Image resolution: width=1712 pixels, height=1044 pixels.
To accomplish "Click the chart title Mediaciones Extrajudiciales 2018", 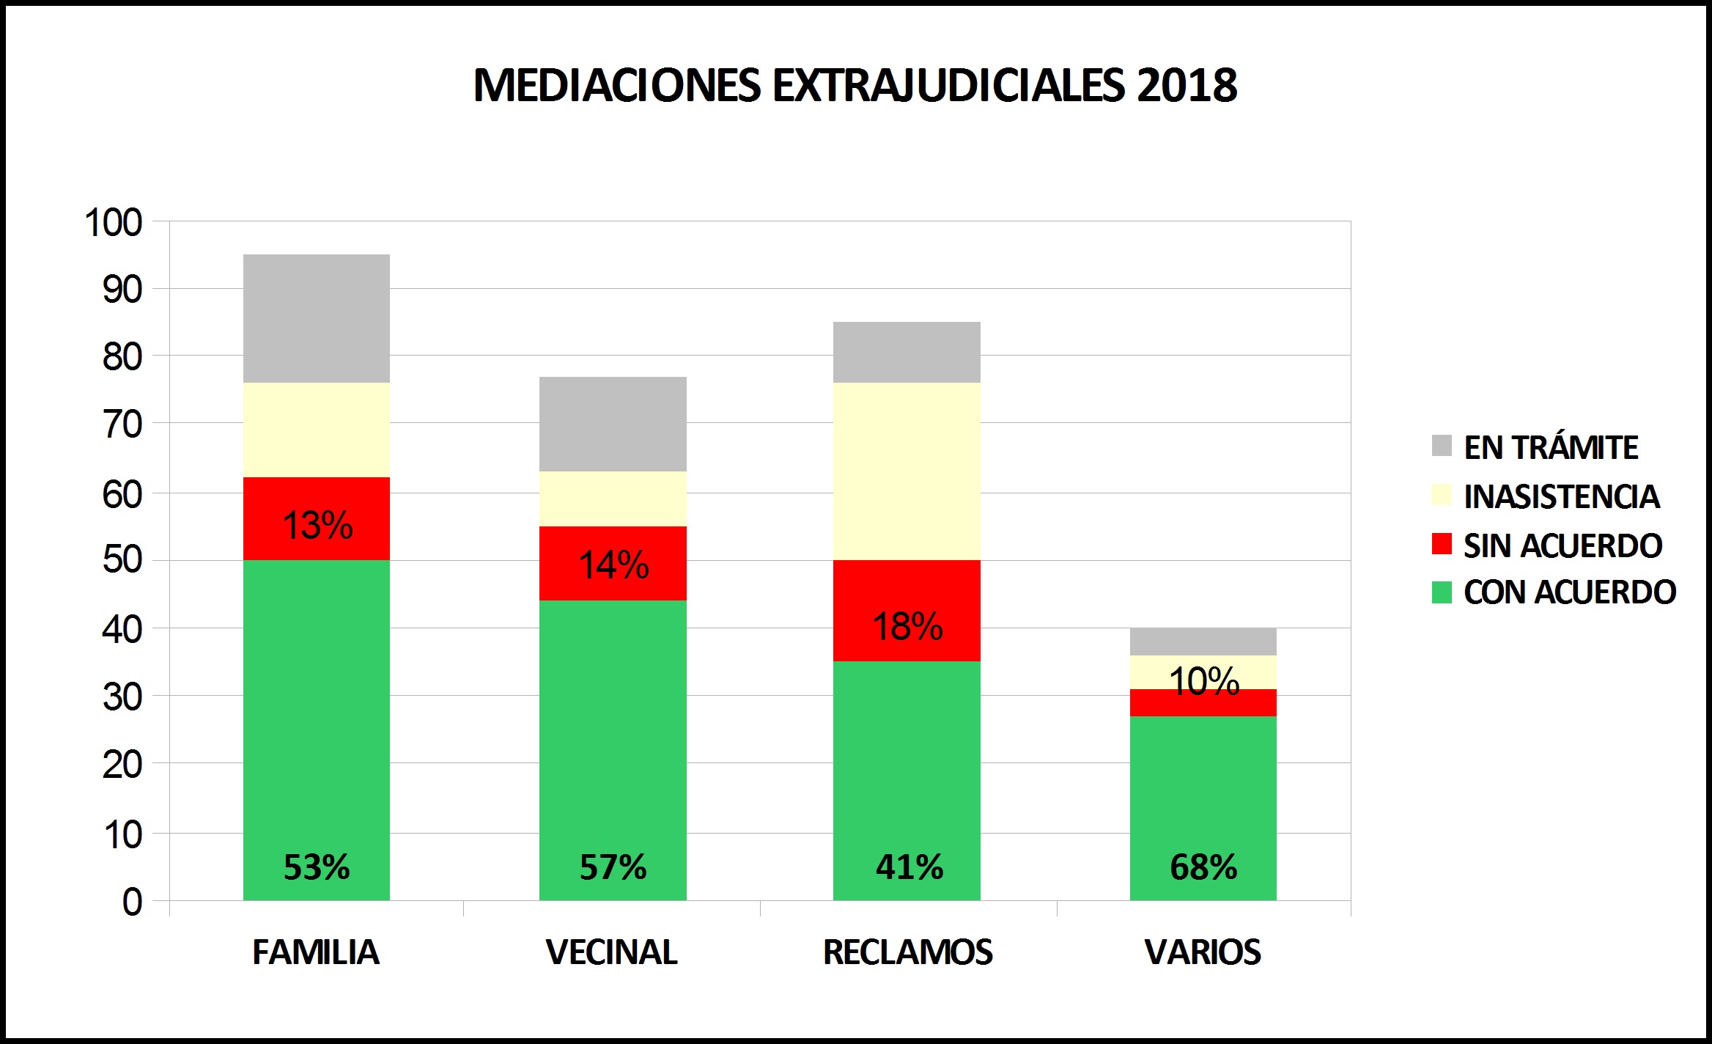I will point(855,85).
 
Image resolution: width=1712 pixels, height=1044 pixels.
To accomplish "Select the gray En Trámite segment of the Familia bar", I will point(317,318).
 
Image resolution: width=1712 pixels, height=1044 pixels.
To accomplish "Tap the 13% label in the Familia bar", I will point(317,525).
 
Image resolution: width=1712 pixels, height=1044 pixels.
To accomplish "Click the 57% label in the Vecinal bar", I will point(613,867).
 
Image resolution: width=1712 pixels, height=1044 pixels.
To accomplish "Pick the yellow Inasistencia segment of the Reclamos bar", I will point(907,471).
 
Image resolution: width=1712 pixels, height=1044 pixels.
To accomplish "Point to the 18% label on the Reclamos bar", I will point(907,626).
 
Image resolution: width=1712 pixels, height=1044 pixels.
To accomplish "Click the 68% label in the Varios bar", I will point(1203,867).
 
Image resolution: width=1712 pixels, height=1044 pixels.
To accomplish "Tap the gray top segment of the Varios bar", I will point(1203,642).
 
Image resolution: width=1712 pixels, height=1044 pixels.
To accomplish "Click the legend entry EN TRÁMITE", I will point(1551,447).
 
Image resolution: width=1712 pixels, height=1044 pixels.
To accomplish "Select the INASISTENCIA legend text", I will point(1561,496).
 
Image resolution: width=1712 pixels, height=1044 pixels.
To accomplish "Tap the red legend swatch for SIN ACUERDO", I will point(1442,544).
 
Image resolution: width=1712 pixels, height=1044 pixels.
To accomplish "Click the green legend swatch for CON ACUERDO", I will point(1442,592).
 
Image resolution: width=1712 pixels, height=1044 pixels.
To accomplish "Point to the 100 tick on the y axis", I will point(114,223).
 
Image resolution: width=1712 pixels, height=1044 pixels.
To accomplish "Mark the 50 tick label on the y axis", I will point(122,560).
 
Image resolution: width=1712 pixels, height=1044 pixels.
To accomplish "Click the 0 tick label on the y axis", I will point(132,902).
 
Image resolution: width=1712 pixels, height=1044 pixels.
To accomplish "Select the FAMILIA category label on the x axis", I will point(316,952).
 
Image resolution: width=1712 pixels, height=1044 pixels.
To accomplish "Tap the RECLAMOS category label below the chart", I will point(907,952).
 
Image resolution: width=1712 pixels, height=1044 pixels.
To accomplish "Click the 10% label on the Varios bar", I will point(1203,681).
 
